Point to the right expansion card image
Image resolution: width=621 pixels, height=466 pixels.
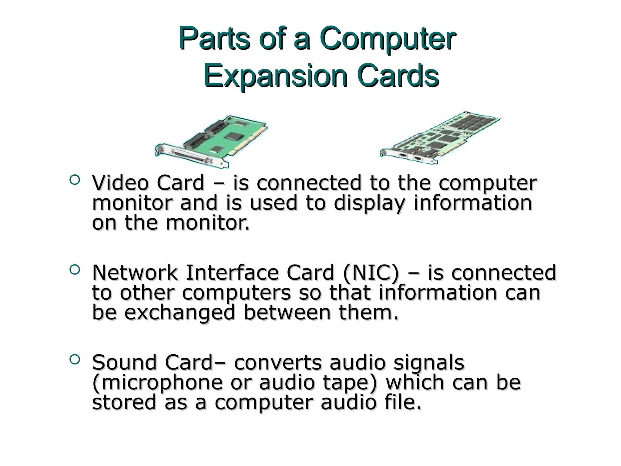[440, 138]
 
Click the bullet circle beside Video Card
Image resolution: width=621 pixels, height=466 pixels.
[75, 180]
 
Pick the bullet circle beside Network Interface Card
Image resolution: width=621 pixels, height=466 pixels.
[75, 269]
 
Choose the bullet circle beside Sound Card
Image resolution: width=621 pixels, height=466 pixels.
[75, 359]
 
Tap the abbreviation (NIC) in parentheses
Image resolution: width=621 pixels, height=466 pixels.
[371, 272]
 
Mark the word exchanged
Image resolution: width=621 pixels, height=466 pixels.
[180, 312]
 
